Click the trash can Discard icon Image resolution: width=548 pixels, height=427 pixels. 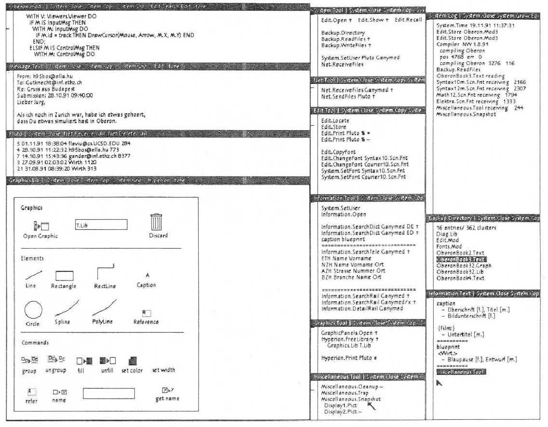click(x=156, y=223)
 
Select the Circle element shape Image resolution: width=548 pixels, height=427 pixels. click(x=33, y=310)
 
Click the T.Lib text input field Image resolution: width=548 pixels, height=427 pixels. click(x=100, y=225)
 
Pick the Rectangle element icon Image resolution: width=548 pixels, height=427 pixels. click(x=64, y=276)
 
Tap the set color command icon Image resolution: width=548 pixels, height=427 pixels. click(x=133, y=360)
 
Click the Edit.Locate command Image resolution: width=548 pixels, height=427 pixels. click(x=335, y=120)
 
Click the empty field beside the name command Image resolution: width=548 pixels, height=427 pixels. click(x=109, y=393)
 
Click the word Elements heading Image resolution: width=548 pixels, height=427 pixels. click(x=32, y=258)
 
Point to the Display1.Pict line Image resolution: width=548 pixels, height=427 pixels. click(x=341, y=405)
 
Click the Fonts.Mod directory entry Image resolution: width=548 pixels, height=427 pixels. click(x=449, y=247)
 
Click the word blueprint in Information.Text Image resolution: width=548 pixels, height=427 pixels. click(x=448, y=347)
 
